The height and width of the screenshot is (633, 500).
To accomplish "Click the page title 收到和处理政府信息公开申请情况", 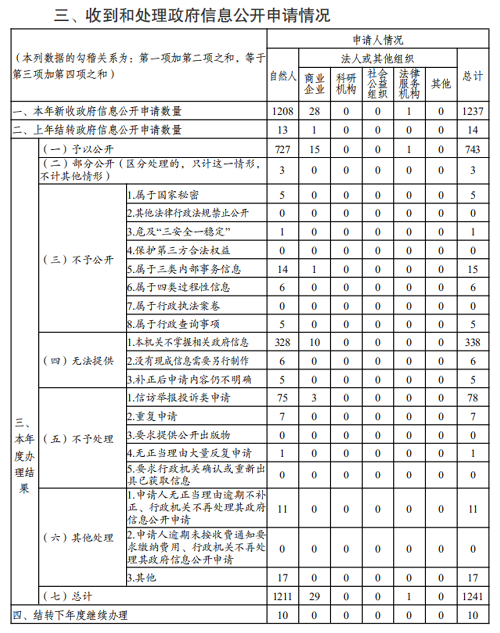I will point(192,15).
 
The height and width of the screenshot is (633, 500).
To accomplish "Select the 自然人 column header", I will point(283,76).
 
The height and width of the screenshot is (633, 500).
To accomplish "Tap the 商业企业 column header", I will point(314,84).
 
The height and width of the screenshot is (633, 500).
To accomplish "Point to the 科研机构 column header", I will point(346,84).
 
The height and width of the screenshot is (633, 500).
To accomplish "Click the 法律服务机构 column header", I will point(409,84).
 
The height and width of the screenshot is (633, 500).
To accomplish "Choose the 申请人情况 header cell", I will point(377,40).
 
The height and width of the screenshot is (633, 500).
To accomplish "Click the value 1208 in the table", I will point(282,111).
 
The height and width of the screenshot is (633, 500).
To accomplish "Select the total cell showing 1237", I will point(472,111).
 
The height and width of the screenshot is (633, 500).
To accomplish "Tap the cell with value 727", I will point(282,149).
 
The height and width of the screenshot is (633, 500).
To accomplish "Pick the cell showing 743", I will point(472,149).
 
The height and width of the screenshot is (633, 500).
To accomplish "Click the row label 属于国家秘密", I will point(163,195).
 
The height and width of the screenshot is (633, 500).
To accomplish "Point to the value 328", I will point(282,342).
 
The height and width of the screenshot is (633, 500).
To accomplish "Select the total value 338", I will point(472,342).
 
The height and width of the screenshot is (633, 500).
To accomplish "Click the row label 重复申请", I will point(152,416).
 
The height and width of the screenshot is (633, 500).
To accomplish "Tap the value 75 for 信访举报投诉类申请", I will point(282,398).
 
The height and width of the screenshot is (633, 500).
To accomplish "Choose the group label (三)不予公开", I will point(78,260).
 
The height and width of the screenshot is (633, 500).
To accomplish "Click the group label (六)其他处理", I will point(78,538).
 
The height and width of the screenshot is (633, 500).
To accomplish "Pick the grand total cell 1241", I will point(472,596).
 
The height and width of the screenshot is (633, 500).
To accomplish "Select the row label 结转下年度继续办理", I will point(70,615).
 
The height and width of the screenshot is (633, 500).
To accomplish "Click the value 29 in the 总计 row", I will point(314,596).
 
